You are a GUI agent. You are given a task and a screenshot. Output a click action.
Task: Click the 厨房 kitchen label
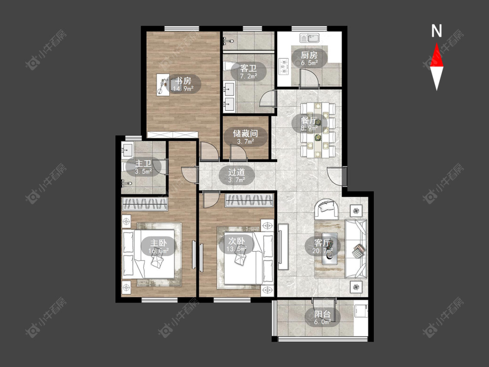click(309, 55)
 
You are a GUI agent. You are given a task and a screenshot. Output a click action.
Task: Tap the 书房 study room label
click(183, 81)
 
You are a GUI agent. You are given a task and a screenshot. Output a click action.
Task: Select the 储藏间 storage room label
click(246, 133)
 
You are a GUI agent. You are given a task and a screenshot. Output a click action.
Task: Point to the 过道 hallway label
click(236, 172)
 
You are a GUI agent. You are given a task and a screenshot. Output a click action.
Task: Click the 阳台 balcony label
click(322, 314)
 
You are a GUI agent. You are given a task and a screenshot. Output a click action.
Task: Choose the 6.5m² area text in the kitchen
click(309, 63)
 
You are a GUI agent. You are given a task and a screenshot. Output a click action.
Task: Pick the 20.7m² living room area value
click(322, 250)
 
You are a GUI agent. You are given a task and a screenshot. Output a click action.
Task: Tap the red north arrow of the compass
click(436, 55)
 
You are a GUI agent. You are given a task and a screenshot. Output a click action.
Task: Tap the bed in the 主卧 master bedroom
click(148, 254)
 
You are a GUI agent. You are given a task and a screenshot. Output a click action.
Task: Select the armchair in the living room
click(326, 209)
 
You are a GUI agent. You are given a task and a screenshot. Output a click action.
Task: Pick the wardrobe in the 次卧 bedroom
click(249, 200)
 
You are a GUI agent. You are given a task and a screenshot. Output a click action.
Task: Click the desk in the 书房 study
click(163, 84)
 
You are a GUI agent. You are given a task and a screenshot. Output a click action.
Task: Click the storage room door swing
click(239, 153)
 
